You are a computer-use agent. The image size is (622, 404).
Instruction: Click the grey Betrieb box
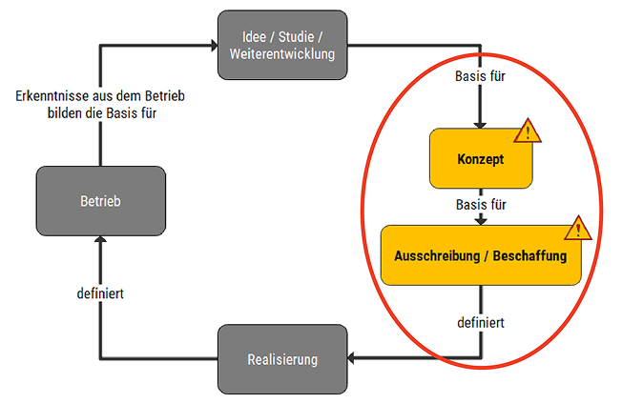point(100,202)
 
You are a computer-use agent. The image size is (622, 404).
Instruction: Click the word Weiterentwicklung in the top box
point(281,53)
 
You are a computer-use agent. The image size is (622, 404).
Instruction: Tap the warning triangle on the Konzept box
point(528,132)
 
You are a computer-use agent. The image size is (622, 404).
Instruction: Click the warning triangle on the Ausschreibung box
point(577,229)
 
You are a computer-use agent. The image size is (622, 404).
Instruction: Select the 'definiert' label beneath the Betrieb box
point(100,293)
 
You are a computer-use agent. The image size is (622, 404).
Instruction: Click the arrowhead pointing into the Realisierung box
point(350,359)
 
